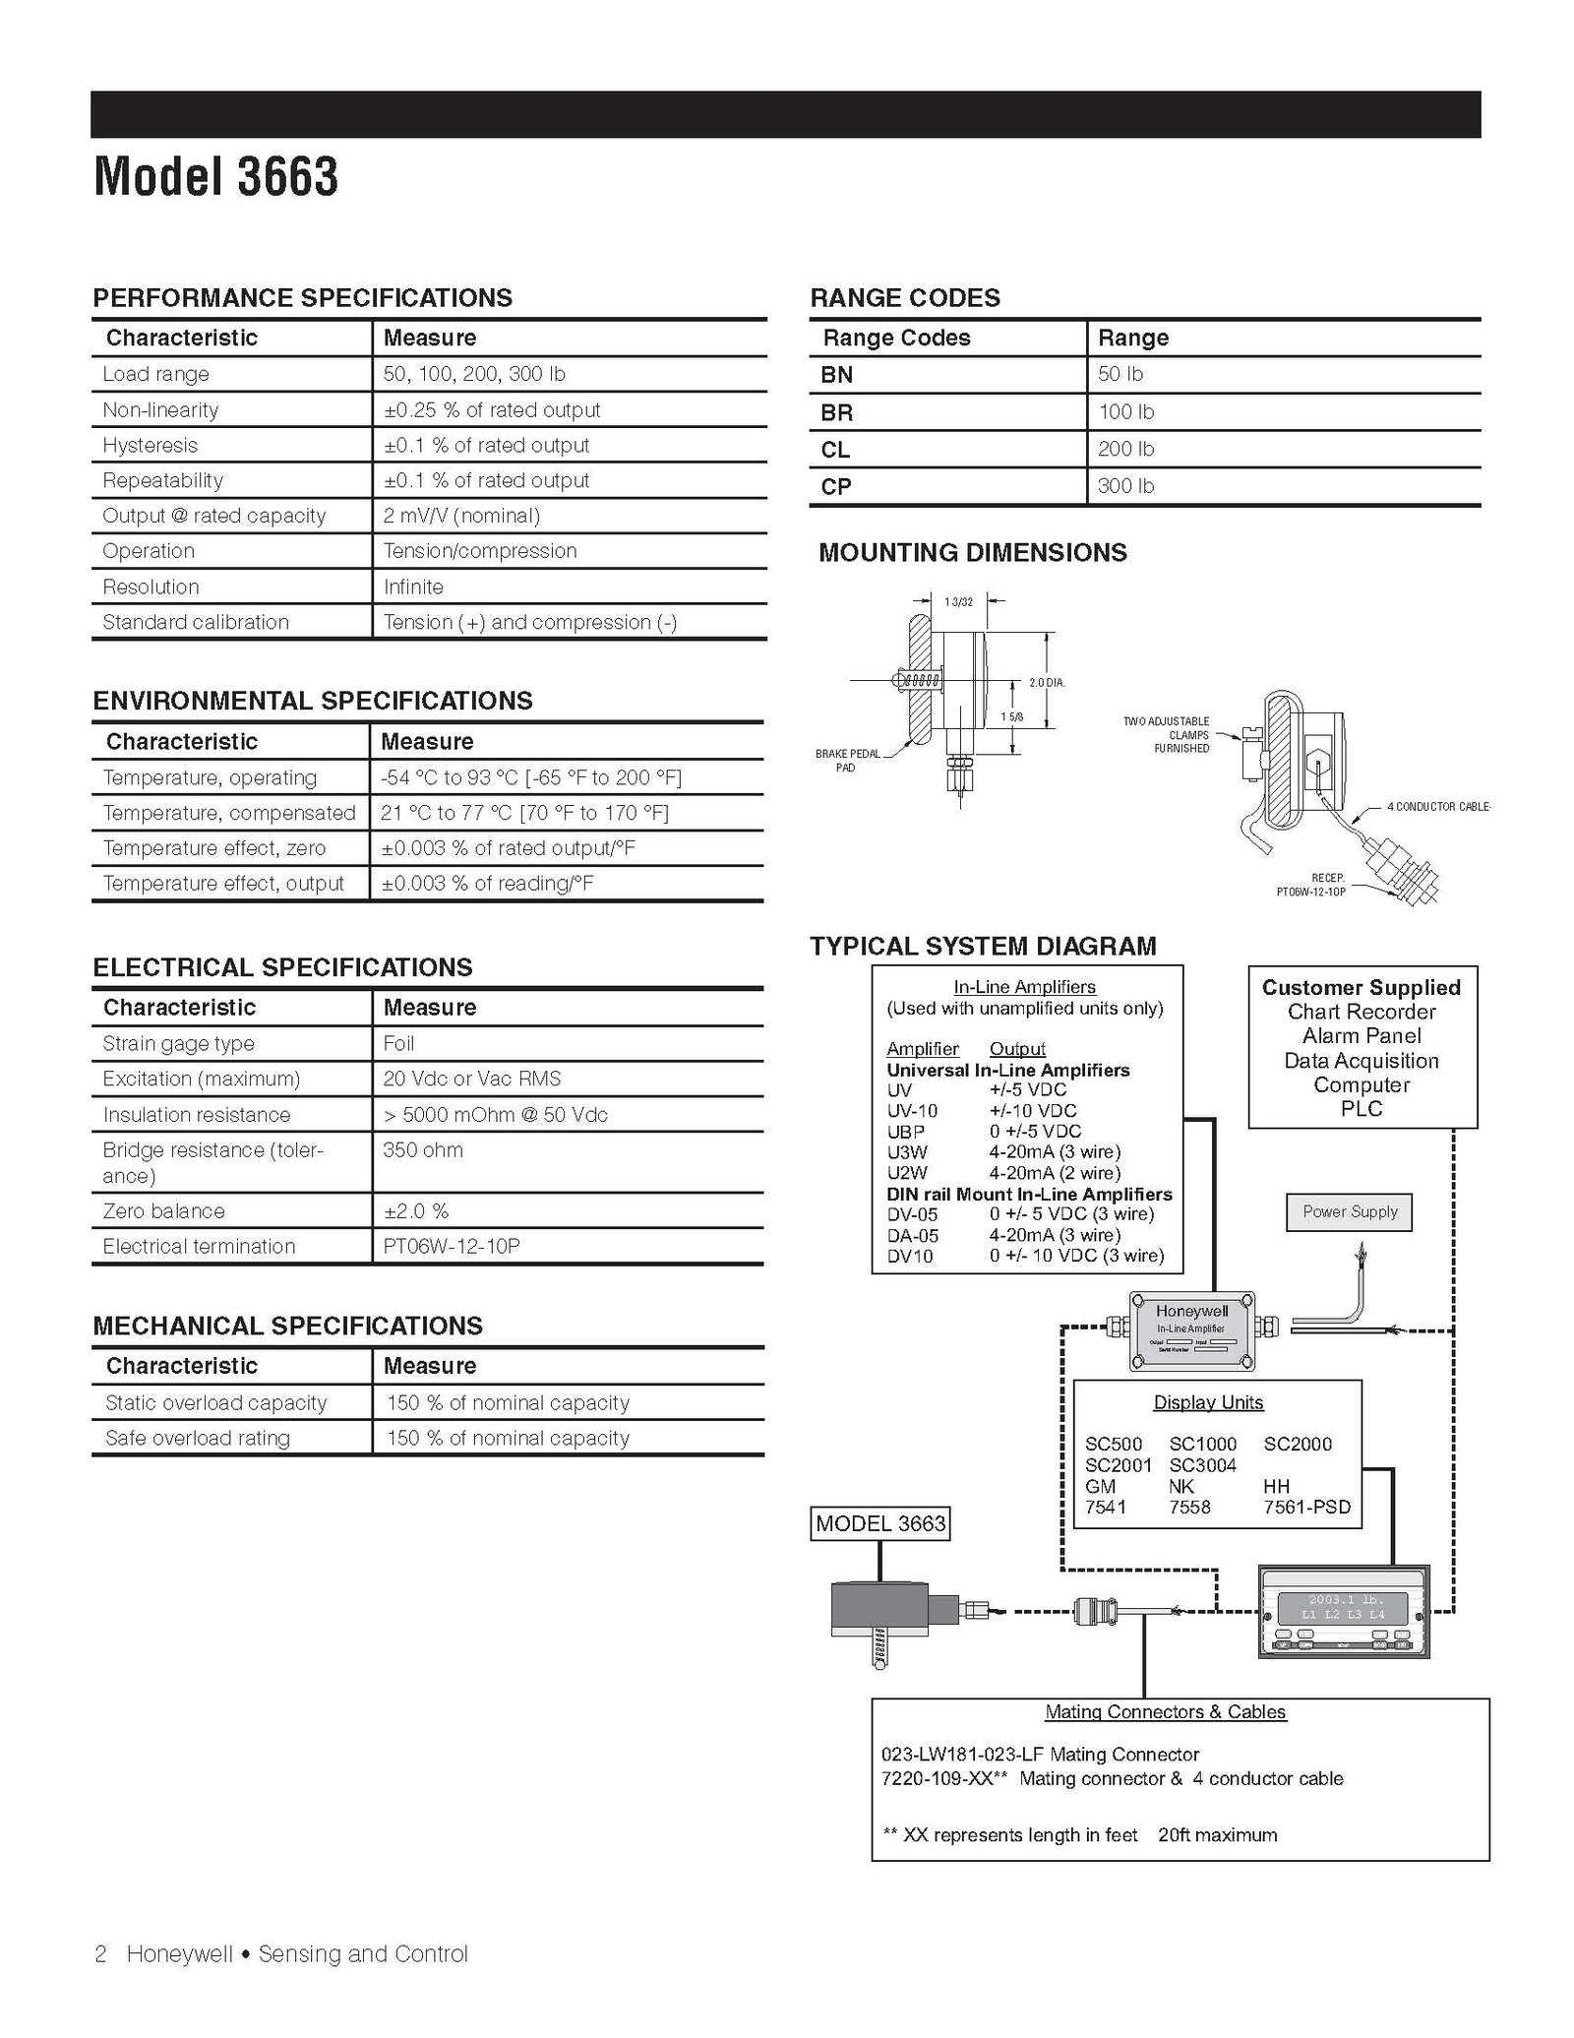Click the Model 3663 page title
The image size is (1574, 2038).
pos(215,177)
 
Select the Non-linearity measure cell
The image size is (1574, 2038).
pos(491,410)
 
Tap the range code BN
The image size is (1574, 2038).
pos(836,375)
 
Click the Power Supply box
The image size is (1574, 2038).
pos(1349,1211)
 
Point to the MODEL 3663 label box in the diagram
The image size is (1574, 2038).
pos(880,1524)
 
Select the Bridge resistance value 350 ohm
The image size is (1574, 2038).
pos(423,1150)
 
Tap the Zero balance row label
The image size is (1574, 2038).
pos(163,1211)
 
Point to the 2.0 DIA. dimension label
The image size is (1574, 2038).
pos(1046,682)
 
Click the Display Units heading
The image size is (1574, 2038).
pos(1208,1402)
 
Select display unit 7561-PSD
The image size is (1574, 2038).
pos(1306,1508)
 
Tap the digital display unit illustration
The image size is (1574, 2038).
pos(1343,1611)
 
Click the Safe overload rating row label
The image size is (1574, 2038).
pos(197,1439)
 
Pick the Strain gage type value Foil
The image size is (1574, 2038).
pos(398,1044)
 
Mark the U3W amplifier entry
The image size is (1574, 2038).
pos(906,1152)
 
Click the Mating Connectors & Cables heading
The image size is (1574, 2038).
pos(1165,1712)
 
